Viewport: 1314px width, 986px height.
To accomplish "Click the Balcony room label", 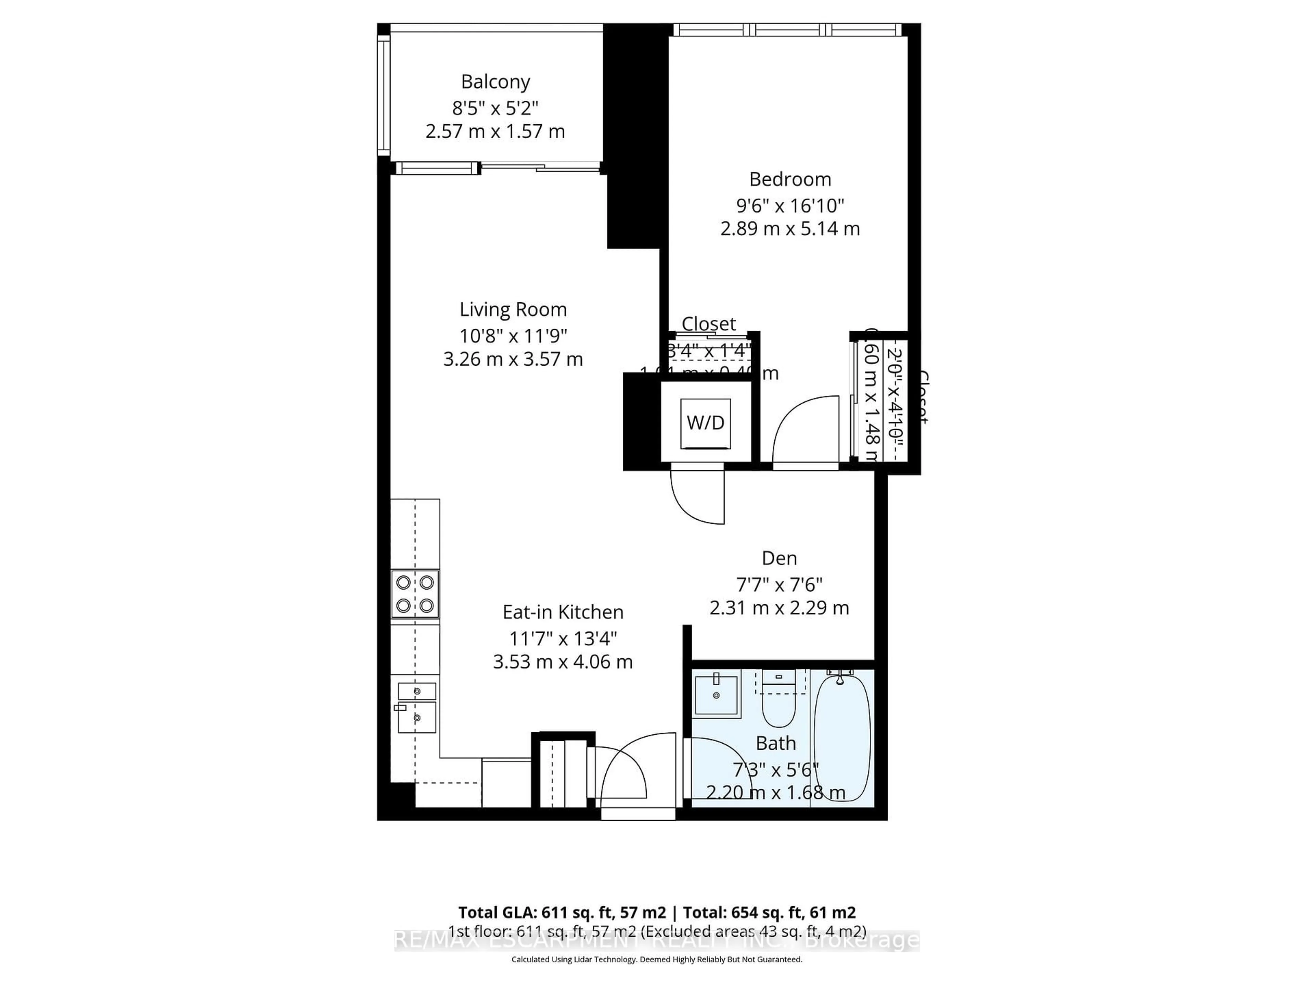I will point(495,81).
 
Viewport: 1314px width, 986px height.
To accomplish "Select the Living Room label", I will point(513,309).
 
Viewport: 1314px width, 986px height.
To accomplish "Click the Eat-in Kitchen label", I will point(563,612).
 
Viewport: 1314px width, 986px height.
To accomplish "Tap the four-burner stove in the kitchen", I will point(415,594).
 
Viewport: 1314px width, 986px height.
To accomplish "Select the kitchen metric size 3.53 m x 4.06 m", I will point(563,662).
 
